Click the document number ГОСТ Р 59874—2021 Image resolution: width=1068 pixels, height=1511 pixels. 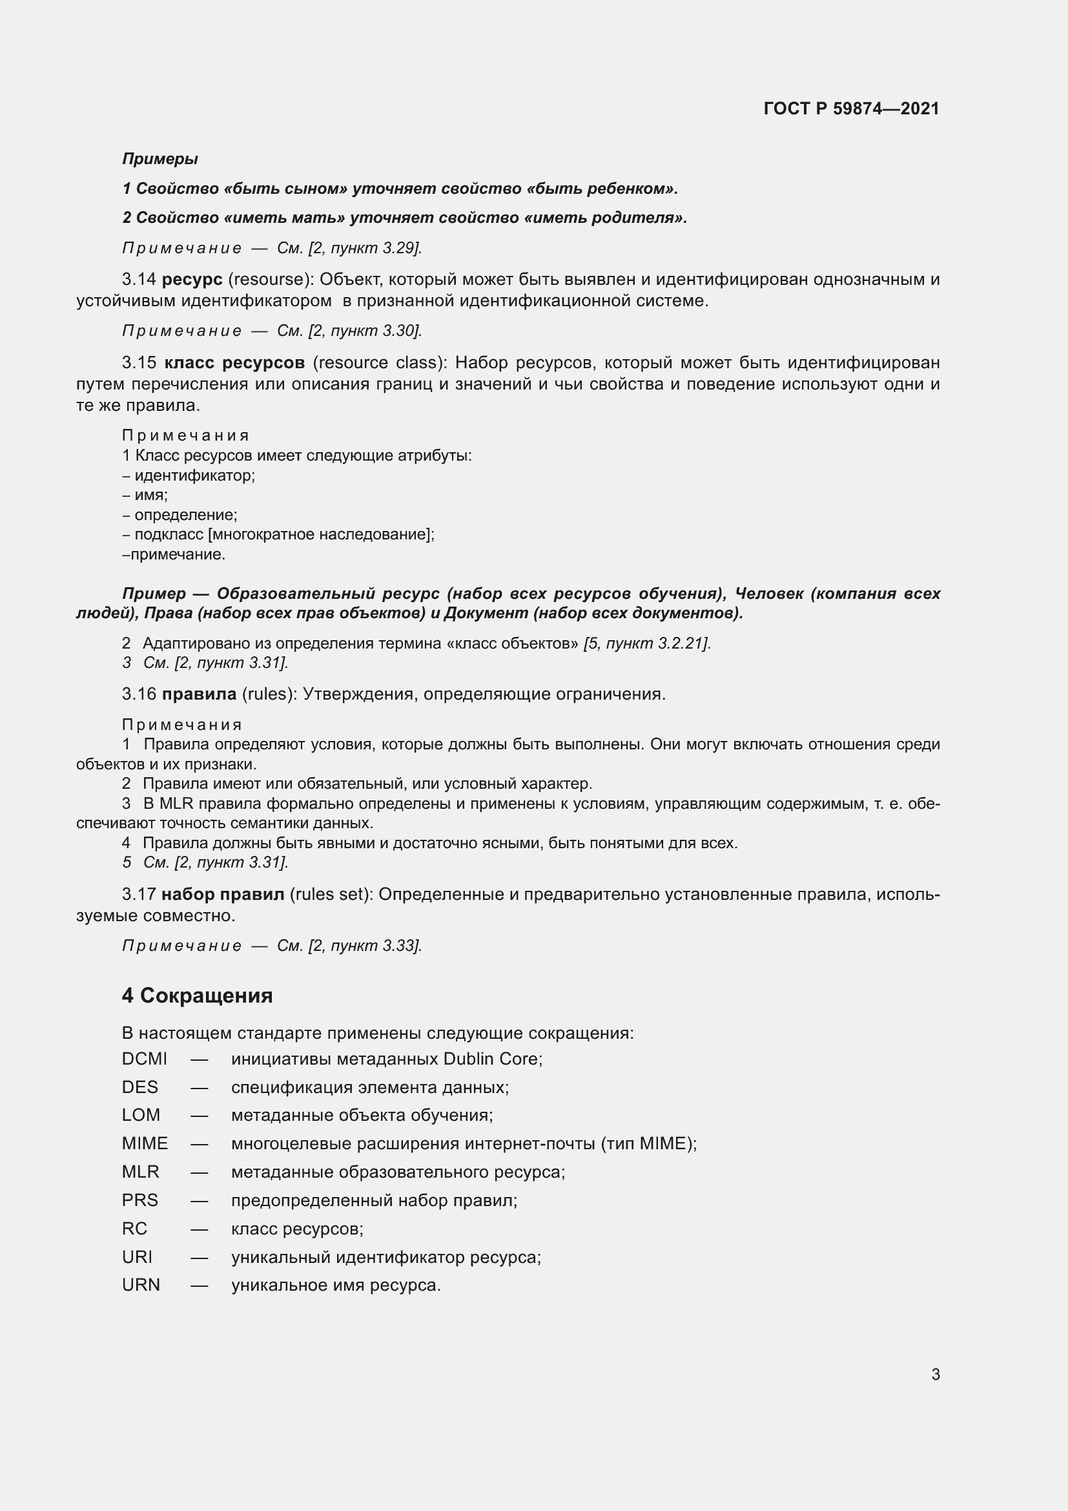[851, 109]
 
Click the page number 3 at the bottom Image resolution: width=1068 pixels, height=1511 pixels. [935, 1374]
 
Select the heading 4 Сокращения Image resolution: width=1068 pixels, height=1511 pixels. [198, 995]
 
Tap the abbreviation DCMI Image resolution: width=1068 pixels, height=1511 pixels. [144, 1059]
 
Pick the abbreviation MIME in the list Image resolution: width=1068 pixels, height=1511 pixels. [145, 1144]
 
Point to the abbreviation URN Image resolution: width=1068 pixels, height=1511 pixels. [141, 1286]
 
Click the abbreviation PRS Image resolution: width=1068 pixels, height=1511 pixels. [139, 1200]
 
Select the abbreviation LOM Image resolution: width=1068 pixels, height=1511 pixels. [141, 1116]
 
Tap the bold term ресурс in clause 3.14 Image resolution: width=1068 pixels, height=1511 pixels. [192, 279]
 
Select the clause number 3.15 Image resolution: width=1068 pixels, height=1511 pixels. [139, 362]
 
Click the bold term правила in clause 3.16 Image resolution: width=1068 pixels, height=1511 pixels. [199, 694]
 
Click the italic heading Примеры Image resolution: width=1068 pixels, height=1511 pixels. [159, 159]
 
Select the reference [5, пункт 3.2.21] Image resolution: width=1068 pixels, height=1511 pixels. [647, 643]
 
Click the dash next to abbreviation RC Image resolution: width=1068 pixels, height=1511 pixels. [200, 1229]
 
